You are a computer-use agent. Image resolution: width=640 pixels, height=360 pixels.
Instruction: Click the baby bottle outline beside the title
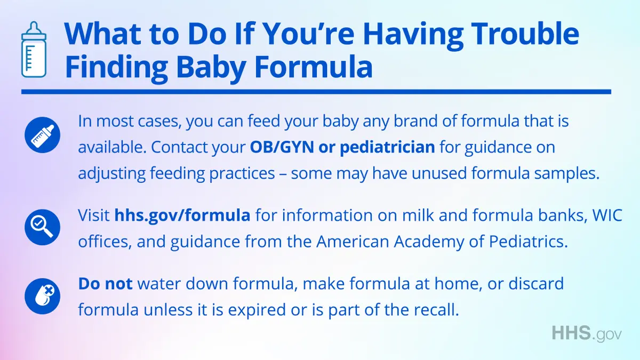(34, 49)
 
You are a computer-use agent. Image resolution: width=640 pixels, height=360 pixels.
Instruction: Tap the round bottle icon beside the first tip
(42, 135)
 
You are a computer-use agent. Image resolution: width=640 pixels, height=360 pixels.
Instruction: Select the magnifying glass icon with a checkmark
(42, 227)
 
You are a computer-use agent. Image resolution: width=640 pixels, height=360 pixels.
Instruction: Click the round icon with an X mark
(42, 297)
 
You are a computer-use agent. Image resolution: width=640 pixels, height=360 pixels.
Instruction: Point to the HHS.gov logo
(587, 333)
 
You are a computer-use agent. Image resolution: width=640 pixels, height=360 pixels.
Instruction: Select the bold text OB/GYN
(282, 147)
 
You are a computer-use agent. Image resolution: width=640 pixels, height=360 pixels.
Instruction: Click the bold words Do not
(105, 284)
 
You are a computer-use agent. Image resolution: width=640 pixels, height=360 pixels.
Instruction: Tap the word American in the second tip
(353, 242)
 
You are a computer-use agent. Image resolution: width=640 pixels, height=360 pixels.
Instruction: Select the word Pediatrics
(529, 242)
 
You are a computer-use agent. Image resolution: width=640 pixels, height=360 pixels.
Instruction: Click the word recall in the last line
(434, 310)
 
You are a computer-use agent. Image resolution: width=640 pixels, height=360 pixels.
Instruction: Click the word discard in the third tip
(536, 284)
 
